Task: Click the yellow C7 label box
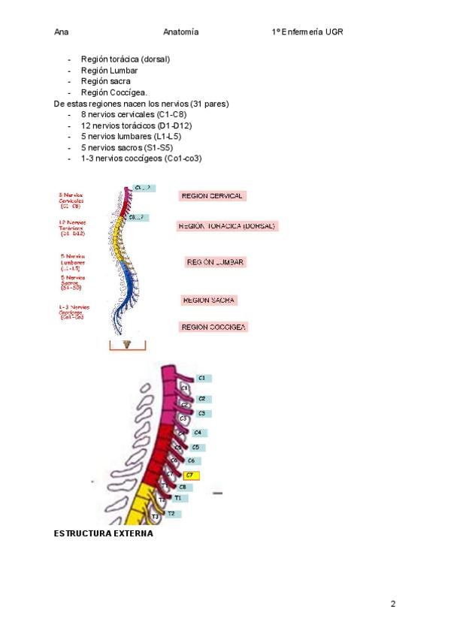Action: pos(191,475)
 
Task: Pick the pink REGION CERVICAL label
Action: pos(213,196)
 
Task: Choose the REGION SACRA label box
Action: pos(209,300)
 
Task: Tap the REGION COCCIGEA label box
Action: pos(214,327)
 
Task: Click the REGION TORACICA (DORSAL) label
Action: pos(227,225)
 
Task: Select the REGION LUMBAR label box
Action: pos(216,262)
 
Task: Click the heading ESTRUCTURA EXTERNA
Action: pos(104,533)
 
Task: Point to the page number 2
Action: pos(393,604)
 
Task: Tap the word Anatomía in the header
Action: pos(180,32)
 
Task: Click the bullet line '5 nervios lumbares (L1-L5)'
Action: pos(130,137)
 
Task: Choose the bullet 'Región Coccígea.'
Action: pos(114,92)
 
